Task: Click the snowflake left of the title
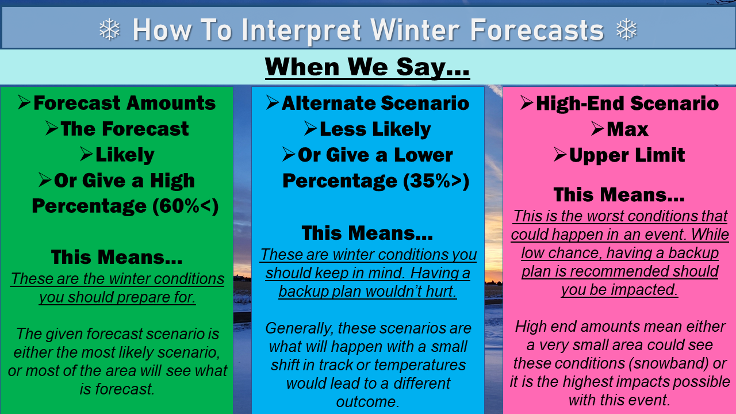(x=110, y=29)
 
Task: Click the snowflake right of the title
(x=627, y=29)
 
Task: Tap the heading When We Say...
(x=367, y=67)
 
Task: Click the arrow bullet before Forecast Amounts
(x=24, y=102)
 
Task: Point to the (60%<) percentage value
(x=185, y=206)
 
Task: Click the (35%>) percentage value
(x=436, y=181)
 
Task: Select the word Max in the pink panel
(x=627, y=129)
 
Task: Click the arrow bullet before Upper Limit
(x=560, y=155)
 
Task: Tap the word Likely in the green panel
(x=125, y=155)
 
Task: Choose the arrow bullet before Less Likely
(x=310, y=128)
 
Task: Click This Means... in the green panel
(x=117, y=257)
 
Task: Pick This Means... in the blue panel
(x=367, y=233)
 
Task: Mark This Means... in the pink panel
(x=619, y=194)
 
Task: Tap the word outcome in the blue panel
(x=367, y=402)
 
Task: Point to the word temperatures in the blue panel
(x=420, y=365)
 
